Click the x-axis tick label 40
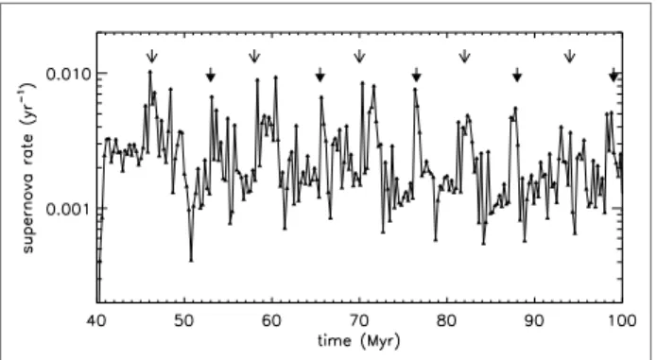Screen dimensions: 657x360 (96, 321)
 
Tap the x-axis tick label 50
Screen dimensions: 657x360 (184, 321)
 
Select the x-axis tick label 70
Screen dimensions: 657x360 (359, 321)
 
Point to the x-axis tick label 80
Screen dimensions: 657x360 (446, 321)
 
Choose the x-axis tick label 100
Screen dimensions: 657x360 (622, 321)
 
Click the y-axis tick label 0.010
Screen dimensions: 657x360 (68, 74)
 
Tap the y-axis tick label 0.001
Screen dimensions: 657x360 (68, 209)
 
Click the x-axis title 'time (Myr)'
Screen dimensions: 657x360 (359, 341)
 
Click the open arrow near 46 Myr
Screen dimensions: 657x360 (151, 56)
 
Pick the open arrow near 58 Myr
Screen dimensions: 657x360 (254, 56)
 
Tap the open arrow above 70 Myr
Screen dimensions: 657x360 (359, 56)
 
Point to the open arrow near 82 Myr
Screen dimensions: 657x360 (464, 56)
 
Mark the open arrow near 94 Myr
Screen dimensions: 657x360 (569, 56)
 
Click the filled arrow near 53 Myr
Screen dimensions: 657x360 (211, 75)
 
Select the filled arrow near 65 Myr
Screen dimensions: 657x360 (320, 75)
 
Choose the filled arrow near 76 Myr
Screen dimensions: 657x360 (416, 75)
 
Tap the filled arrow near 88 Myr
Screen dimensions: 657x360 (517, 75)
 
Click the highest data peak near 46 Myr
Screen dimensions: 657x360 (150, 72)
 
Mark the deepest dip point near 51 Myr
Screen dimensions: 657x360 (191, 261)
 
